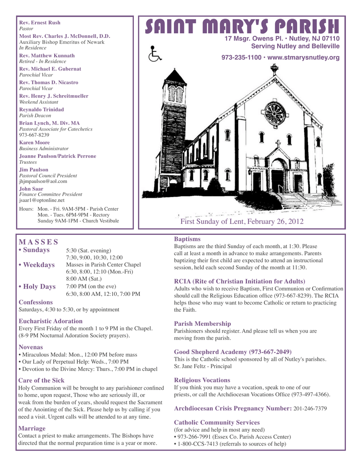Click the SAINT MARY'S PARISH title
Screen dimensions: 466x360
click(242, 26)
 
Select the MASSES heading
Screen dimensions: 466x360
click(38, 241)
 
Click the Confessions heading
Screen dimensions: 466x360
click(35, 302)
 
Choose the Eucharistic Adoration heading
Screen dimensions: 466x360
click(50, 321)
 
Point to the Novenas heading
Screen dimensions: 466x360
click(31, 347)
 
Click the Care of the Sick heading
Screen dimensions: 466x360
click(41, 380)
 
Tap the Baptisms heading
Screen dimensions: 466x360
click(188, 238)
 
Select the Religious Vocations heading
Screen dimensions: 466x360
click(202, 380)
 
